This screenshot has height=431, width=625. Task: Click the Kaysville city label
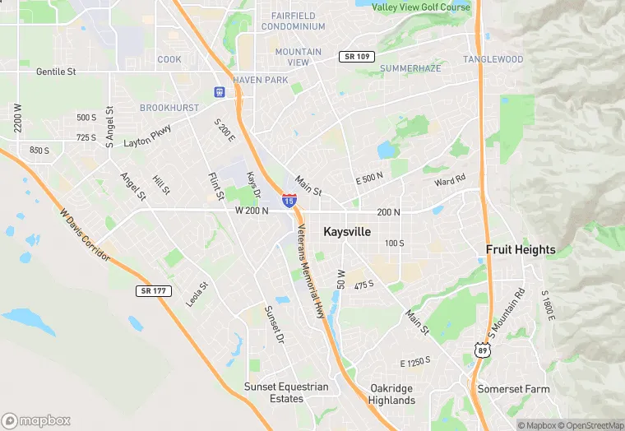coord(346,232)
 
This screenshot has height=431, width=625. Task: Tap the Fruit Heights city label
coord(521,250)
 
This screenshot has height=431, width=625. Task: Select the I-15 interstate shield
coord(289,200)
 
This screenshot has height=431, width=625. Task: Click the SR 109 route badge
coord(356,56)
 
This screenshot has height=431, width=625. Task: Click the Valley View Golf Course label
coord(421,7)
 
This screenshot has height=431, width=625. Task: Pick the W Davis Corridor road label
coord(85,234)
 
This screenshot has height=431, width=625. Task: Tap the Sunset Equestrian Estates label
coord(285,393)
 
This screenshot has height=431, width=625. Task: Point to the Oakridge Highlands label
coord(392,394)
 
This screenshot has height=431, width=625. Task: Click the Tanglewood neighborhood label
coord(493,59)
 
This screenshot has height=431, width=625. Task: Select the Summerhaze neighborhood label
coord(410,67)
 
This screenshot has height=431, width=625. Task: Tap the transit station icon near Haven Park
coord(220,93)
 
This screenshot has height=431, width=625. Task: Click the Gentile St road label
coord(56,72)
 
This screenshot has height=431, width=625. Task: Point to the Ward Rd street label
coord(450,179)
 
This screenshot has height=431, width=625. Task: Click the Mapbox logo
coord(37,420)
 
